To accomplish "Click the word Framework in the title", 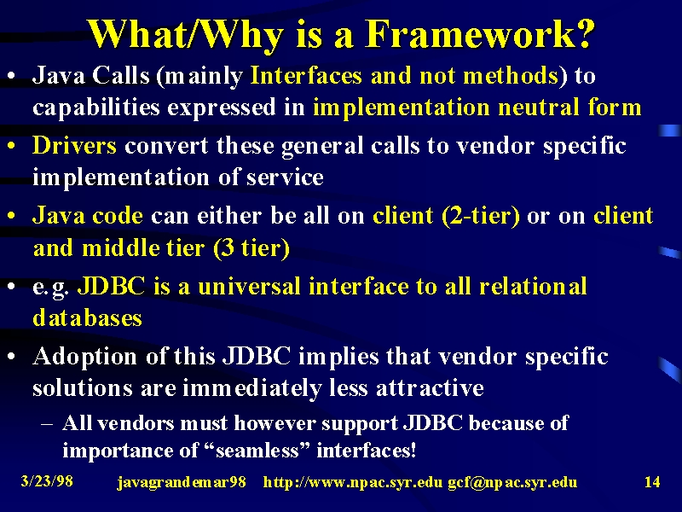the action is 480,34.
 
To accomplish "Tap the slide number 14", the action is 652,482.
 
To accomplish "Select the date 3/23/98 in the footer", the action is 47,481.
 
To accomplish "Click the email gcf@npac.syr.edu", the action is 512,482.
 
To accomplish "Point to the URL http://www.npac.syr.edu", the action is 353,482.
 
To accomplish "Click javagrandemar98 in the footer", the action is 182,482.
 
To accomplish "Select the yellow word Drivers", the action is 74,145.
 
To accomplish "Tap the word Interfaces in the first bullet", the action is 306,75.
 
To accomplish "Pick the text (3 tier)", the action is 251,248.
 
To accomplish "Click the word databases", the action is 88,317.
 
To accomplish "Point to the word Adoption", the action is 84,357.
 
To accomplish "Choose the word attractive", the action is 430,387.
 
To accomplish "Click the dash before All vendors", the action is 47,423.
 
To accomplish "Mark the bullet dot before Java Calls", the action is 12,76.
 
